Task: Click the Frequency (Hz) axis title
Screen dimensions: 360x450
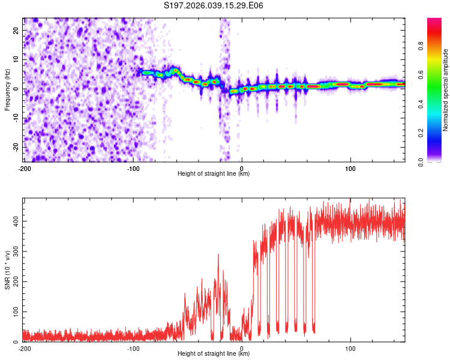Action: pyautogui.click(x=7, y=89)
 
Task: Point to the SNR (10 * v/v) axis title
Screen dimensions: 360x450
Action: pyautogui.click(x=7, y=270)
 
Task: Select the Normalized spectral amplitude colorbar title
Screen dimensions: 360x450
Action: pyautogui.click(x=445, y=90)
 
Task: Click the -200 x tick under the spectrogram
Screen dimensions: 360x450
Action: pyautogui.click(x=25, y=169)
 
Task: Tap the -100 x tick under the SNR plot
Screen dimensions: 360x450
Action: pyautogui.click(x=133, y=349)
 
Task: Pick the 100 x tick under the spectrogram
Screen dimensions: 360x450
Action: pyautogui.click(x=350, y=169)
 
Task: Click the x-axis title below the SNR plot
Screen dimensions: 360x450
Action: pyautogui.click(x=214, y=355)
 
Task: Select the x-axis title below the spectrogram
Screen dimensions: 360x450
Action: pyautogui.click(x=214, y=174)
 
